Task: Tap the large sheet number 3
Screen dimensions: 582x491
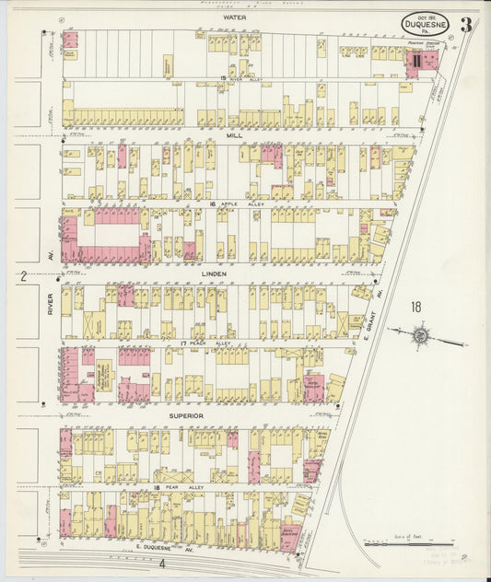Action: point(468,25)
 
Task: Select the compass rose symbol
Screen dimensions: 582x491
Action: point(419,336)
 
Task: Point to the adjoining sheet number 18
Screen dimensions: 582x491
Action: point(416,308)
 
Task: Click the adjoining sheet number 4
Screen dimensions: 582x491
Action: point(161,564)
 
